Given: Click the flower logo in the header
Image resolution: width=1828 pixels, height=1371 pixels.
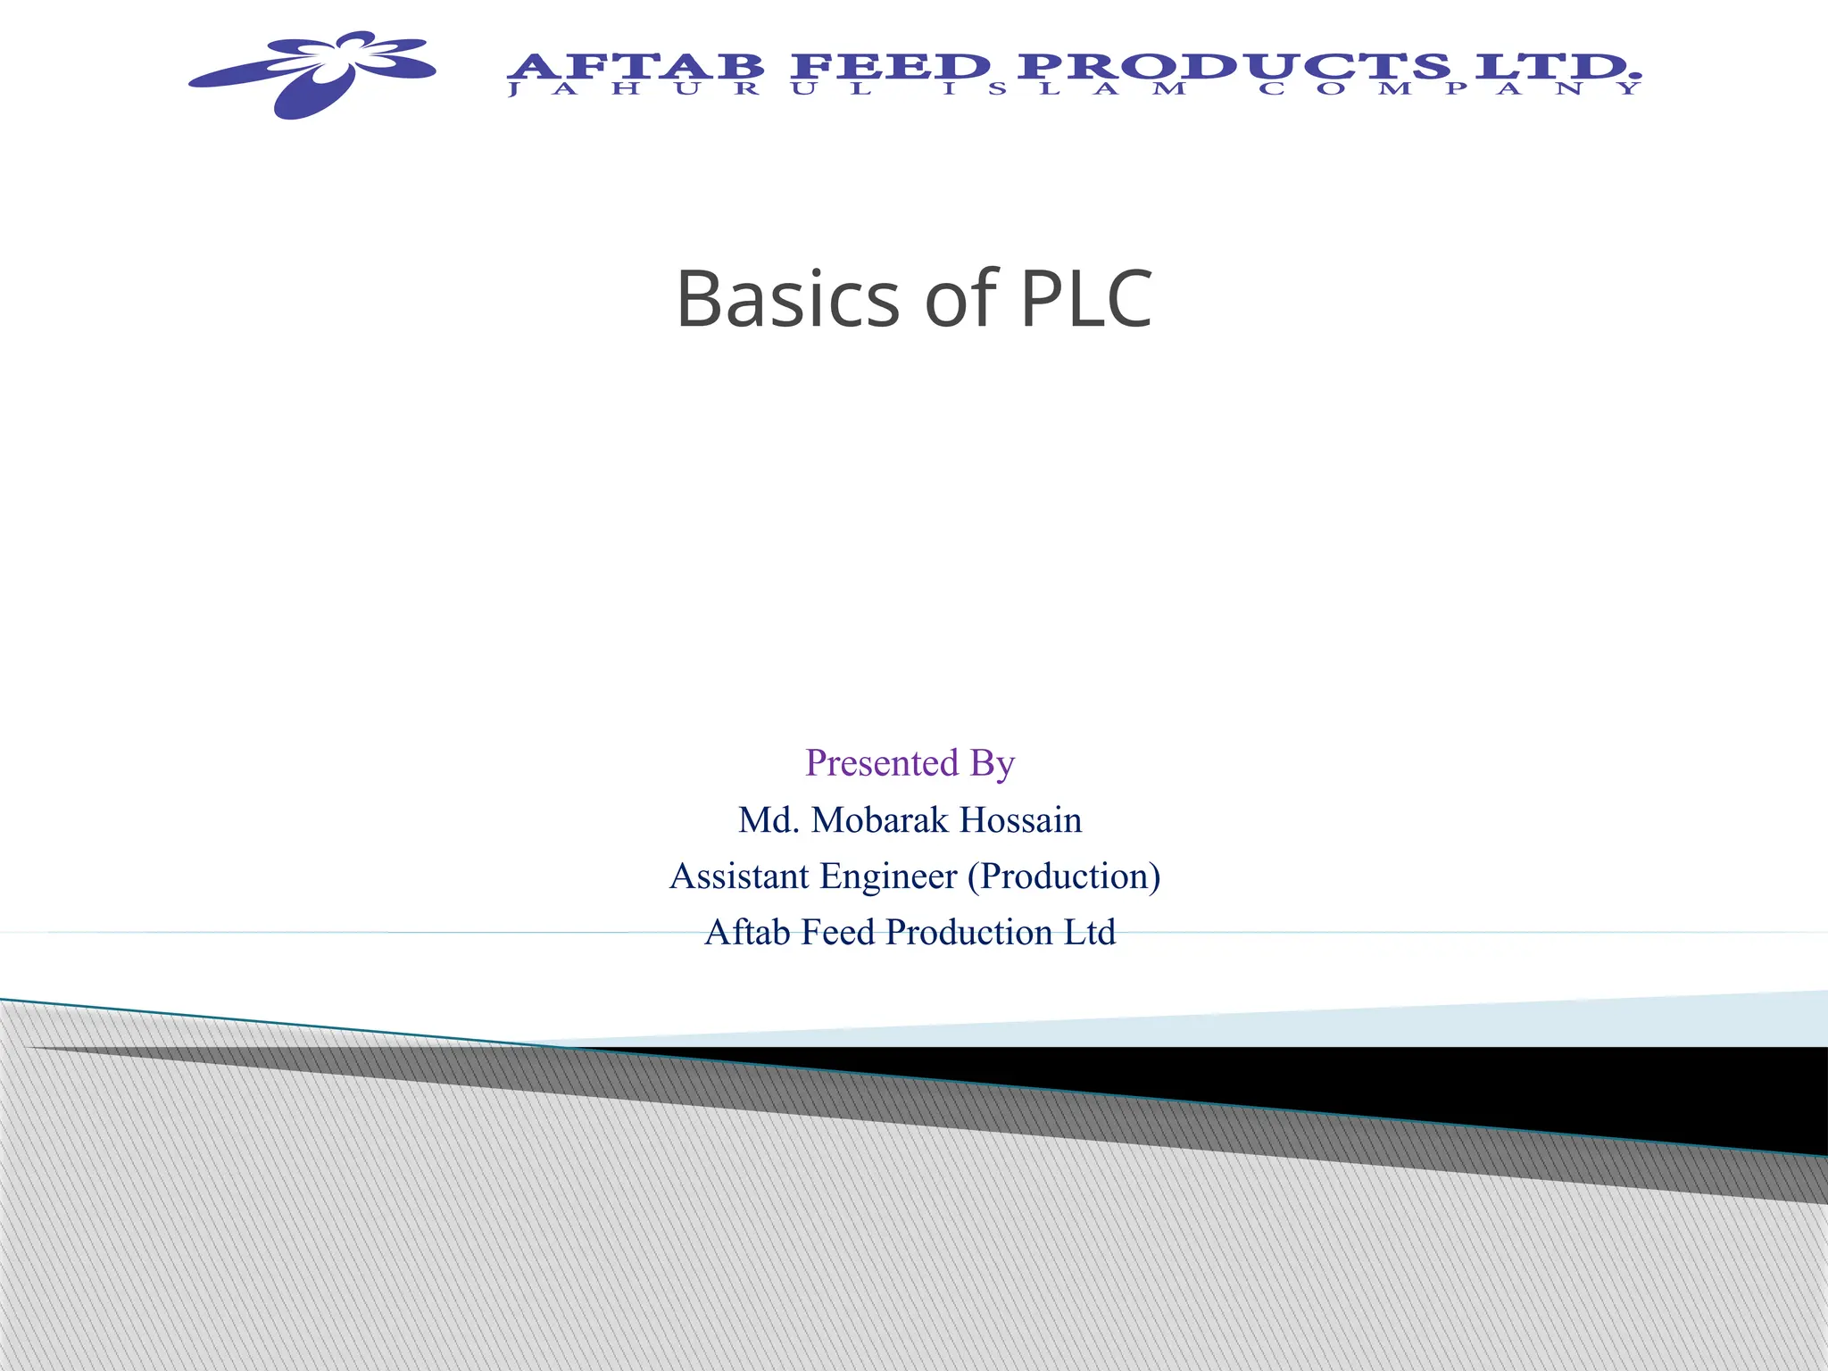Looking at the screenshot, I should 312,73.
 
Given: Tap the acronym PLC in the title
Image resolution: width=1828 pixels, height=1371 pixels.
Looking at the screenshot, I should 1085,299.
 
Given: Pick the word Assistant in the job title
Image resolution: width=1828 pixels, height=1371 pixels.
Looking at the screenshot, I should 739,877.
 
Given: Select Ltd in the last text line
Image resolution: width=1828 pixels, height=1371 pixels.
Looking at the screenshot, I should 1090,933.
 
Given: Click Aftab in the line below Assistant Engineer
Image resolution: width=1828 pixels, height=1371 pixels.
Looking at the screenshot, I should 748,933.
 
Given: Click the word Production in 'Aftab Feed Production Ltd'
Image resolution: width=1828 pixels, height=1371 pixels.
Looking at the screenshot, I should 969,933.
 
